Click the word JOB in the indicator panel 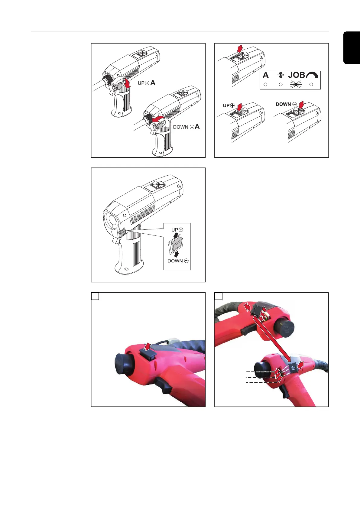(297, 75)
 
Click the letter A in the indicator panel (265, 75)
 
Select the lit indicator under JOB (296, 85)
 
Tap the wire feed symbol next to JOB (281, 75)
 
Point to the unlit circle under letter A (265, 85)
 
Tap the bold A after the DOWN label (197, 127)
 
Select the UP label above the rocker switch (174, 230)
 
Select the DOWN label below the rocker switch (175, 261)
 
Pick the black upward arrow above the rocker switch (176, 235)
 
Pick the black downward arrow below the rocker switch (176, 254)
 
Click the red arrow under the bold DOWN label (301, 105)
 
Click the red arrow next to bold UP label (239, 107)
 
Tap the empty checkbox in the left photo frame (95, 296)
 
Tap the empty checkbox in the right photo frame (219, 296)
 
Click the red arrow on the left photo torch (148, 346)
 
